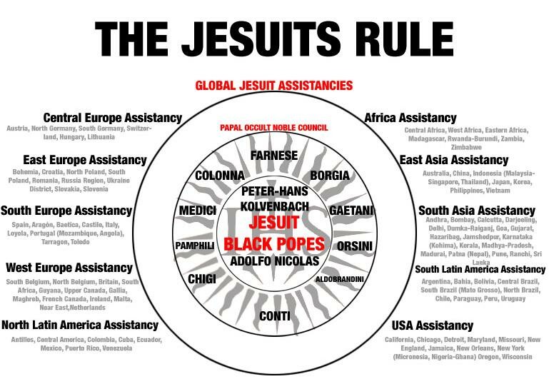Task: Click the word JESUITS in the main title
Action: click(261, 38)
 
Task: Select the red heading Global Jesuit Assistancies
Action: click(274, 86)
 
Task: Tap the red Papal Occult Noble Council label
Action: click(274, 128)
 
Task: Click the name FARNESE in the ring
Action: click(274, 155)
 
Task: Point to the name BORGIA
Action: click(330, 176)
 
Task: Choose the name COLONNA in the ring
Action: click(220, 176)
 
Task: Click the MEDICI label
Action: click(198, 211)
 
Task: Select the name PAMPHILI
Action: click(195, 246)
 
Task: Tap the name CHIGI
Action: click(202, 279)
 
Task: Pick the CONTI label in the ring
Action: click(275, 316)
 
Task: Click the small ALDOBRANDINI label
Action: click(340, 279)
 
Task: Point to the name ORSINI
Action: click(355, 246)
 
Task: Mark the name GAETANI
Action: click(351, 211)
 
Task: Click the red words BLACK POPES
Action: click(274, 244)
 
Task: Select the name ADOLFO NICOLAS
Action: click(275, 261)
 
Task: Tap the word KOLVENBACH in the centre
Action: click(275, 206)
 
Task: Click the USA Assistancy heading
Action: click(433, 325)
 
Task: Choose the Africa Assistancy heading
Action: click(411, 118)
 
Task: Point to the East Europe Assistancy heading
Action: click(85, 160)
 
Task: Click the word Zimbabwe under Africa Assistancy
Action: click(466, 147)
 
